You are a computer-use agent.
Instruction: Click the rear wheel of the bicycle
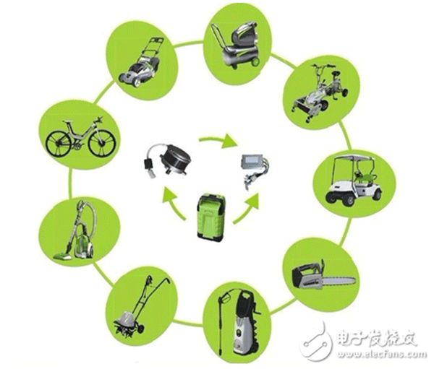click(x=57, y=144)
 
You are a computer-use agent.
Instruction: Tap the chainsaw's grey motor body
click(x=307, y=275)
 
